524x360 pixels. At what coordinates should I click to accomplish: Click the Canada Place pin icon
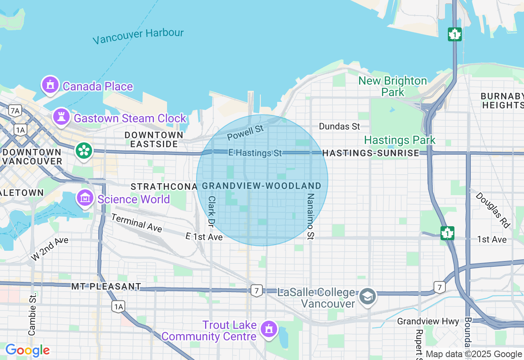tap(50, 85)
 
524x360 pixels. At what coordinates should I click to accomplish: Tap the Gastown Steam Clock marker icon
tap(61, 117)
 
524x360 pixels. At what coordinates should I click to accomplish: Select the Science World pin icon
tap(85, 198)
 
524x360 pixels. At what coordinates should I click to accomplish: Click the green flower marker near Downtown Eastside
tap(84, 151)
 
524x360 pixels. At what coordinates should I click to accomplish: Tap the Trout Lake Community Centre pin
tap(269, 329)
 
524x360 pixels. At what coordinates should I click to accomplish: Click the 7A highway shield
tap(15, 110)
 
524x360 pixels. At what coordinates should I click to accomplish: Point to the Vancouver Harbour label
tap(138, 36)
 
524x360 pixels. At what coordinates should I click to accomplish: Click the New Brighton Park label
tap(393, 86)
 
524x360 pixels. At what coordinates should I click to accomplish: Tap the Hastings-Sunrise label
tap(370, 153)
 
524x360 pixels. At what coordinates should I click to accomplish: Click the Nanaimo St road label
tap(310, 216)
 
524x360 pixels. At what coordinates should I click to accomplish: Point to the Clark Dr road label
tap(211, 211)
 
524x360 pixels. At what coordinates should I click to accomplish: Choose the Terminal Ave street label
tap(136, 223)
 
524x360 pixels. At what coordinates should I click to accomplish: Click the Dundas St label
tap(339, 126)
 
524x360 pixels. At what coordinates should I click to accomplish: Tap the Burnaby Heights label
tap(502, 101)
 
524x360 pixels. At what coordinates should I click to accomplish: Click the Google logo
tap(27, 350)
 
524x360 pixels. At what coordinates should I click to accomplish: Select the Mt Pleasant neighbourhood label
tap(106, 286)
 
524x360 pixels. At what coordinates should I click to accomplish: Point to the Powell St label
tap(245, 132)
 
